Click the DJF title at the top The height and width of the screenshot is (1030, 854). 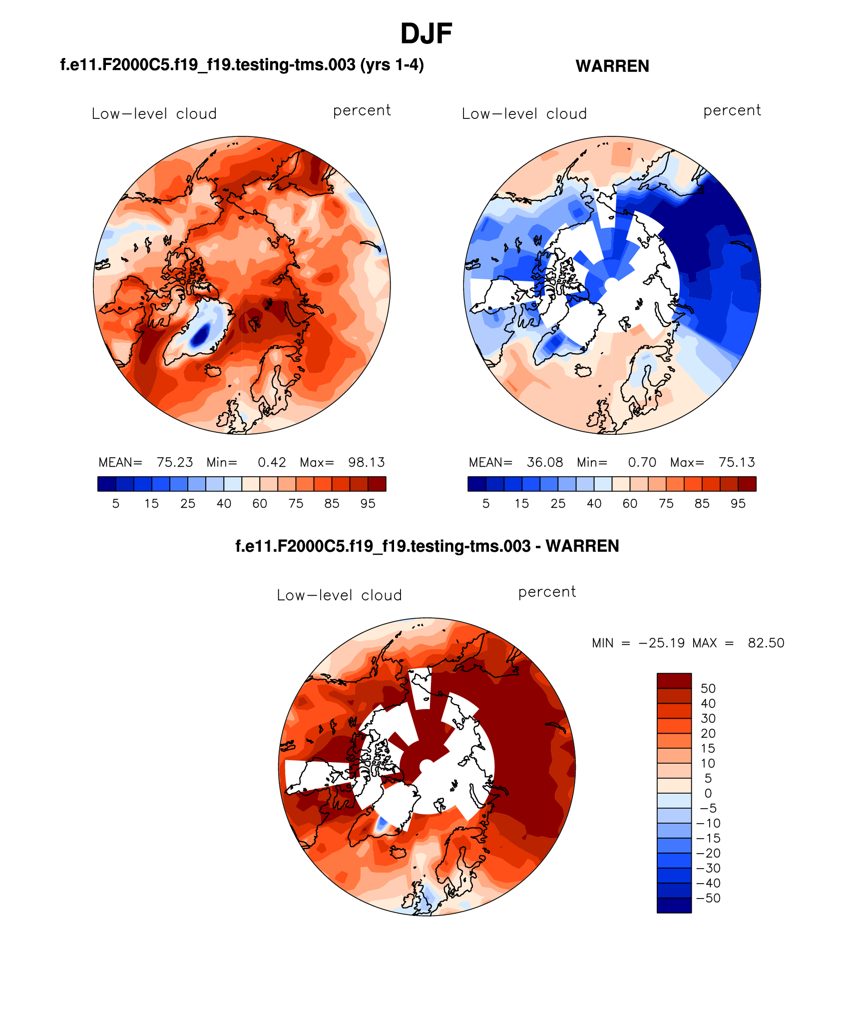[x=426, y=34]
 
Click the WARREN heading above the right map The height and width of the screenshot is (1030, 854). [x=612, y=66]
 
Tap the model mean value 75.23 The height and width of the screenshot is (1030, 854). [x=175, y=462]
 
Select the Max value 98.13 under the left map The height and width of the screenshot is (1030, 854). [x=367, y=462]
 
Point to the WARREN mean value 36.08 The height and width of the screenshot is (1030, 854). [x=545, y=462]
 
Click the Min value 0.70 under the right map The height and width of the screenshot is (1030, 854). [x=642, y=462]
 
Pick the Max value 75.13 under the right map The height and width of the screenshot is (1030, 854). [x=737, y=462]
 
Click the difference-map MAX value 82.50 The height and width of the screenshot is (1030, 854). [x=766, y=643]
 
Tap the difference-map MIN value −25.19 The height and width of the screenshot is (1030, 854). [x=661, y=643]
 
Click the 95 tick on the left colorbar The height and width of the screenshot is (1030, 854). [x=368, y=504]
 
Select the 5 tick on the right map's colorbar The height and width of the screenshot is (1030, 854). [x=486, y=504]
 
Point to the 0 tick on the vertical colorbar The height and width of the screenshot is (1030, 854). [x=708, y=794]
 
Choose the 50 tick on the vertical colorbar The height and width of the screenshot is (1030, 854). [x=708, y=689]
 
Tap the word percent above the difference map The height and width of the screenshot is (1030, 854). [x=547, y=592]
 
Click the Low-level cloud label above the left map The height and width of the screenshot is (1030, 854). [x=154, y=114]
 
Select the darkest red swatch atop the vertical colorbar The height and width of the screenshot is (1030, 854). [x=674, y=681]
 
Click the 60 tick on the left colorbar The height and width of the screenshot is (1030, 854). [x=260, y=504]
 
